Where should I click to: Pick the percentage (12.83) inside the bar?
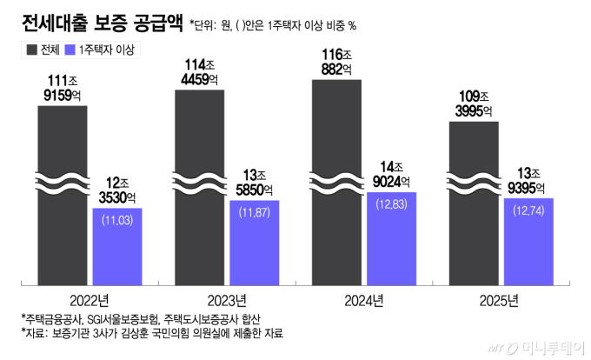(x=391, y=204)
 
